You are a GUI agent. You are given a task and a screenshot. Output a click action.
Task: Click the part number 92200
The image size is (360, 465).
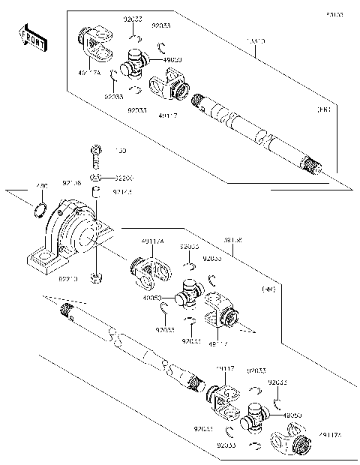[x=124, y=178]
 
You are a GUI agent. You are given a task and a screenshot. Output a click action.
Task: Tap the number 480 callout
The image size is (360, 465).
[x=42, y=186]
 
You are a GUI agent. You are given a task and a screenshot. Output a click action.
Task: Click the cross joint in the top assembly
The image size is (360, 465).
[x=135, y=64]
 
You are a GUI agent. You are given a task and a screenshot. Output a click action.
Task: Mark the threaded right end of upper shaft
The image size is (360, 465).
[x=313, y=164]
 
